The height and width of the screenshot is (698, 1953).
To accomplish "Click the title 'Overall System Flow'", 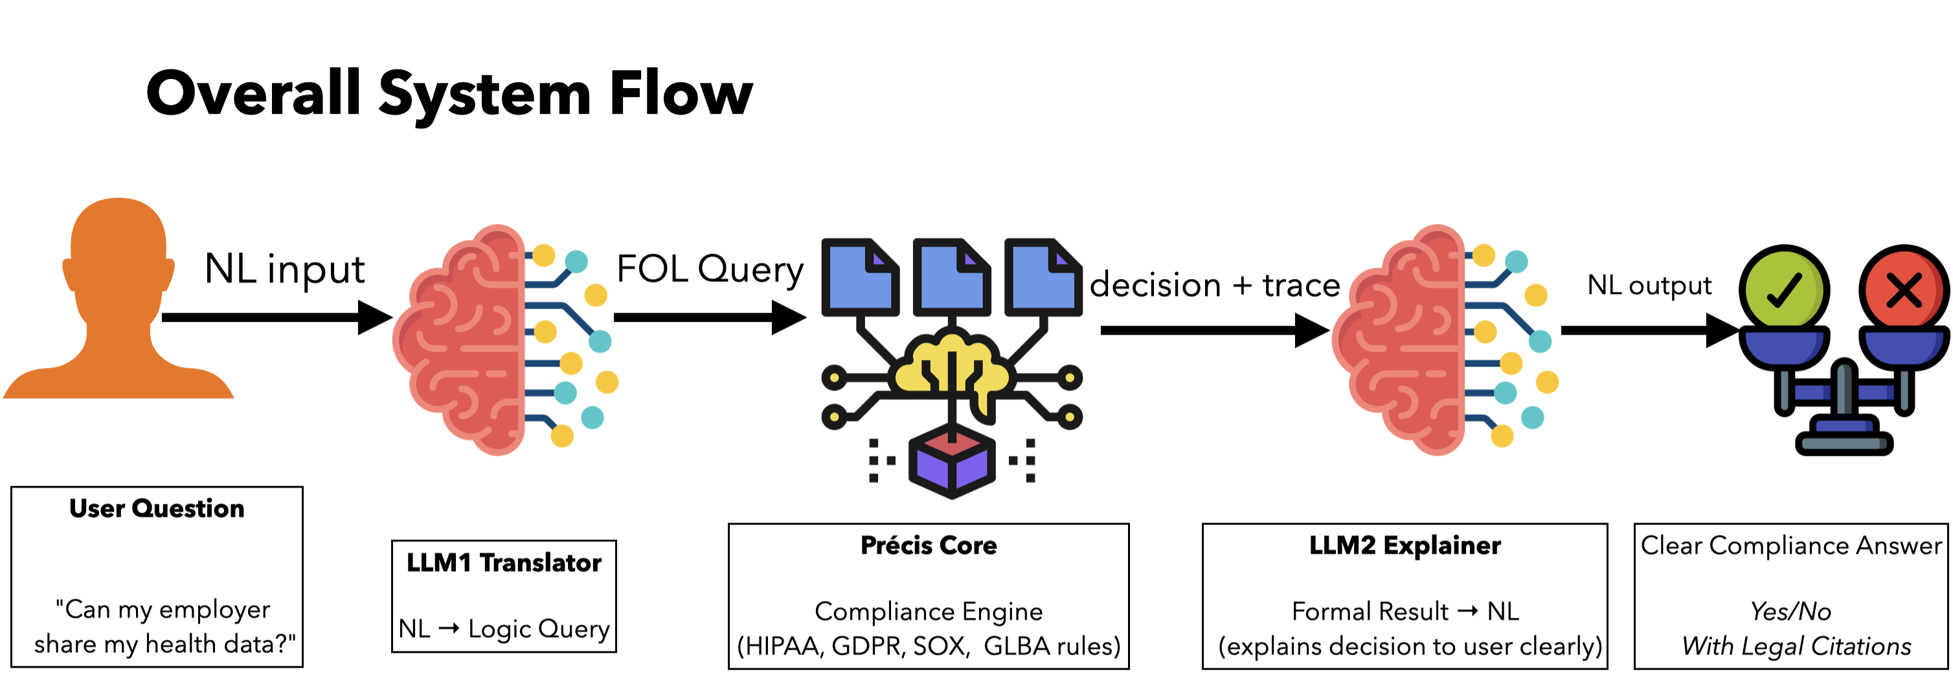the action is [449, 94].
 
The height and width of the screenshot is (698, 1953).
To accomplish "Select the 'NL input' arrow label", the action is [284, 269].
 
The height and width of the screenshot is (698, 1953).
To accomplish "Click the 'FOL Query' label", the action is [710, 269].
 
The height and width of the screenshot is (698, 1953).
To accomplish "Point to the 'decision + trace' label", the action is [1215, 286].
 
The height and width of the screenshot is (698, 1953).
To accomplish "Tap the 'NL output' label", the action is [1649, 285].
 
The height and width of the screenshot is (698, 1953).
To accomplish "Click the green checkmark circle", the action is [1784, 289].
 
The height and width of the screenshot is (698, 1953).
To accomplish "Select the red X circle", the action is [1904, 289].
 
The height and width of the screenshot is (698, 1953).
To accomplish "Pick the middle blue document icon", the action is [951, 276].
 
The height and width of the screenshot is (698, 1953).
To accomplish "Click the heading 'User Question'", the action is [157, 508].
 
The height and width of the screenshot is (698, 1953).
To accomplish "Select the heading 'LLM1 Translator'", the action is [504, 563].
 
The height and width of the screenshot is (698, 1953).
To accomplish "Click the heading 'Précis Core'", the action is [929, 546].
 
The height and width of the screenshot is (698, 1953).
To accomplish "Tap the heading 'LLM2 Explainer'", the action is [1405, 546].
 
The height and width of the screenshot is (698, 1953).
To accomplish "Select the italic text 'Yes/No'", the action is [1790, 611].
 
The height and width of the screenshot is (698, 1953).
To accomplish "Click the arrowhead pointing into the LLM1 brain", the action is [376, 317].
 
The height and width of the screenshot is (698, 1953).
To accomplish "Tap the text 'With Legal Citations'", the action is [1797, 646].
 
